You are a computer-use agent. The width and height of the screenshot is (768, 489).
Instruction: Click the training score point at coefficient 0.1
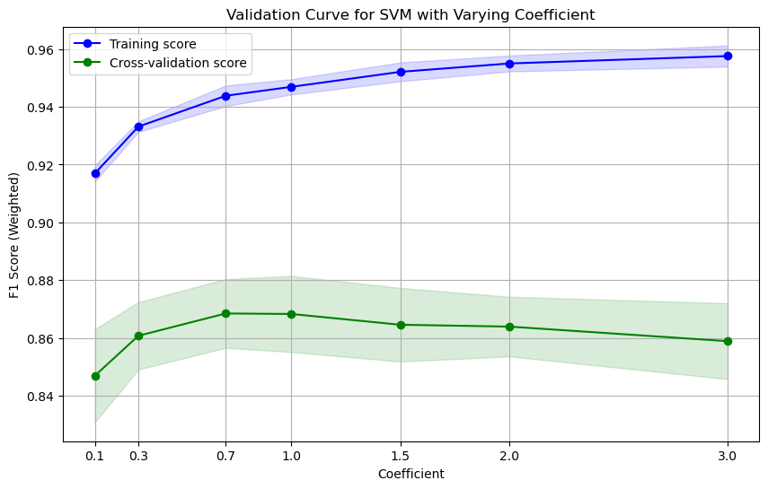pyautogui.click(x=95, y=173)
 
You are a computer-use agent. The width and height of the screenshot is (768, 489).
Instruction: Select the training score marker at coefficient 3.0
pyautogui.click(x=728, y=56)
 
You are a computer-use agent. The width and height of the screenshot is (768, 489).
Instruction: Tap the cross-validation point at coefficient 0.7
pyautogui.click(x=226, y=313)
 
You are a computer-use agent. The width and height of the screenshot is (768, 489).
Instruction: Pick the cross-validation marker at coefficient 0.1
pyautogui.click(x=95, y=376)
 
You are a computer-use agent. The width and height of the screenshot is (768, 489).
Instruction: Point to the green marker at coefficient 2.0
pyautogui.click(x=509, y=327)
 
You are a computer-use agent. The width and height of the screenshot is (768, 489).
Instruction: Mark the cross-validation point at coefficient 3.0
pyautogui.click(x=728, y=341)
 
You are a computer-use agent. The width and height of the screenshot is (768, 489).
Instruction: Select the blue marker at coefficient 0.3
pyautogui.click(x=139, y=127)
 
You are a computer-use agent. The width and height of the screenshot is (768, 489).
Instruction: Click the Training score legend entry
pyautogui.click(x=153, y=44)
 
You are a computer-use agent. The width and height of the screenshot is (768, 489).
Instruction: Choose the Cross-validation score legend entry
pyautogui.click(x=178, y=63)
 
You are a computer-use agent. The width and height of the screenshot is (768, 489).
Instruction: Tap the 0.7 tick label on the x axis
pyautogui.click(x=226, y=456)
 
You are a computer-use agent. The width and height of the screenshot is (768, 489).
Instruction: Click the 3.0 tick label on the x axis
pyautogui.click(x=728, y=456)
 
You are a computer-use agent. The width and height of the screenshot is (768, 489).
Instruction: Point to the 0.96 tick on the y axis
pyautogui.click(x=40, y=49)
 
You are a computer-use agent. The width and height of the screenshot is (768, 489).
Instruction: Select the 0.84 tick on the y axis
pyautogui.click(x=40, y=397)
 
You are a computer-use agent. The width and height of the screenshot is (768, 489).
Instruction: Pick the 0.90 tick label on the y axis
pyautogui.click(x=40, y=223)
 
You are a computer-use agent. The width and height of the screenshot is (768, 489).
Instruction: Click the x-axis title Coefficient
pyautogui.click(x=410, y=473)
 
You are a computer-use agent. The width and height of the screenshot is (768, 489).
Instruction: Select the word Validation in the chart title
pyautogui.click(x=259, y=14)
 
